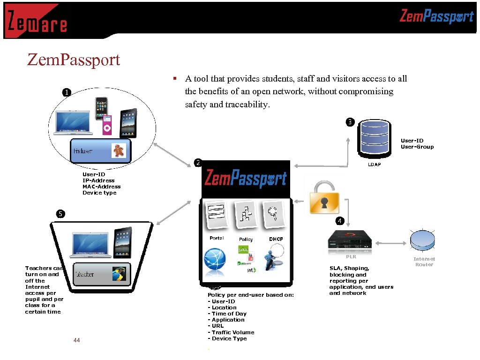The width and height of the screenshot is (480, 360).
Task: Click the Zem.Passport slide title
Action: point(74,60)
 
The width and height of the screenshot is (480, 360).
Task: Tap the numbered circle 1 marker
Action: point(67,92)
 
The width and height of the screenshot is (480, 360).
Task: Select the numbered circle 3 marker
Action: point(350,122)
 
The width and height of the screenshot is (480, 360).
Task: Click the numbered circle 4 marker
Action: point(339,220)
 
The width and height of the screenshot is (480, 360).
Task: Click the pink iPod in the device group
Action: point(107,125)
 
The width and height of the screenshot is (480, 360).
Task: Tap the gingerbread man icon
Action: point(118,150)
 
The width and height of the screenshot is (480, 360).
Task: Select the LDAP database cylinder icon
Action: point(374,139)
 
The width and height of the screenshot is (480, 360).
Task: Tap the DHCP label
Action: point(276,239)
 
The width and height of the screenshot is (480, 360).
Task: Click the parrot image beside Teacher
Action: point(119,274)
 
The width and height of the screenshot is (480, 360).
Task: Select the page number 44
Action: point(77,340)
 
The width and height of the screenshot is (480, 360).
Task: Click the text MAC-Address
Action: point(101,187)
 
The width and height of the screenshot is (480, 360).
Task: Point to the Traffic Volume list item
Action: point(232,332)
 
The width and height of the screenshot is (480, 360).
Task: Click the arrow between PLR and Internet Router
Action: point(390,243)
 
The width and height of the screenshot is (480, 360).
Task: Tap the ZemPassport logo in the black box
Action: point(246,179)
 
